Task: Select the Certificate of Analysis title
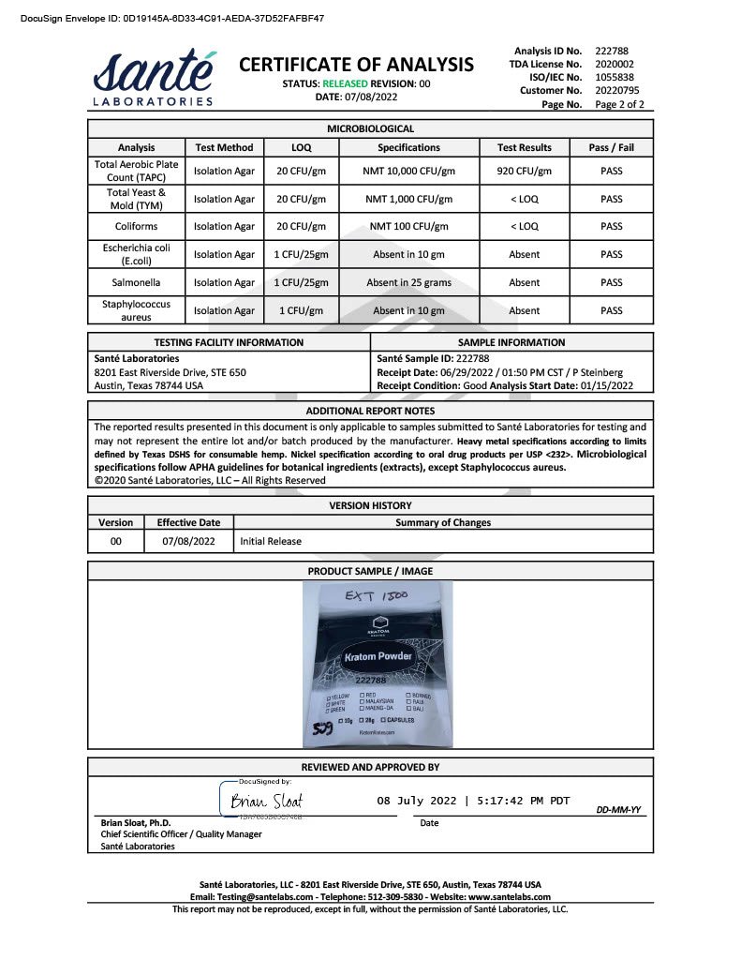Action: pyautogui.click(x=357, y=65)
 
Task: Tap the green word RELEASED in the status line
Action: pyautogui.click(x=348, y=83)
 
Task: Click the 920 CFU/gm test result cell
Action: pyautogui.click(x=524, y=172)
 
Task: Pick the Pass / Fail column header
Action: pyautogui.click(x=611, y=147)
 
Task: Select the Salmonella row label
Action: pyautogui.click(x=137, y=282)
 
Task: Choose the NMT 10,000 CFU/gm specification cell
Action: pyautogui.click(x=408, y=172)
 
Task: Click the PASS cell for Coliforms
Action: pyautogui.click(x=611, y=226)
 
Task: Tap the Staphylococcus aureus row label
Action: pyautogui.click(x=137, y=310)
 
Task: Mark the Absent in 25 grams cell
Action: pyautogui.click(x=408, y=282)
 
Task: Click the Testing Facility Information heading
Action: pyautogui.click(x=229, y=342)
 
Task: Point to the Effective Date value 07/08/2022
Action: pyautogui.click(x=188, y=541)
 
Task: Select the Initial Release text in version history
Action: pyautogui.click(x=271, y=541)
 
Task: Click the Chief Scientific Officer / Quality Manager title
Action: pyautogui.click(x=181, y=834)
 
